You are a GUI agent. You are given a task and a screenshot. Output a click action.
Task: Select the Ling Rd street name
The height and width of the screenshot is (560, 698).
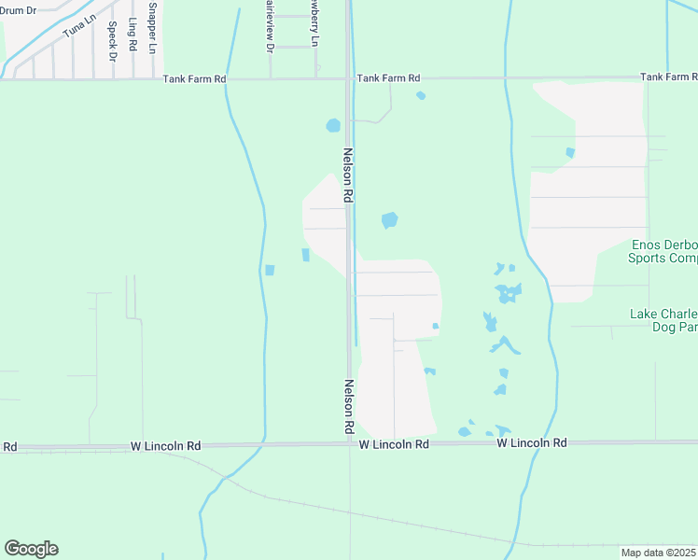pyautogui.click(x=133, y=35)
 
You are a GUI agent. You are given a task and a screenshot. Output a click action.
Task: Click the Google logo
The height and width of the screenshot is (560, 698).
pyautogui.click(x=31, y=549)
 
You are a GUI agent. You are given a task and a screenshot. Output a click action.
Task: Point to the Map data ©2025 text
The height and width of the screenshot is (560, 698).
pyautogui.click(x=659, y=553)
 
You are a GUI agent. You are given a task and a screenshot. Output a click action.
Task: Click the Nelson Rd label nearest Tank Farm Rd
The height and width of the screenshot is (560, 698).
pyautogui.click(x=348, y=175)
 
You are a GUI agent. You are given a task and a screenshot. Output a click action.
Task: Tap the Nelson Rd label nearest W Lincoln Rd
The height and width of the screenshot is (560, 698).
pyautogui.click(x=348, y=406)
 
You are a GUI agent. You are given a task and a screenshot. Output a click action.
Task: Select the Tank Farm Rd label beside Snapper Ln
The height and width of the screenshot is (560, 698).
pyautogui.click(x=195, y=79)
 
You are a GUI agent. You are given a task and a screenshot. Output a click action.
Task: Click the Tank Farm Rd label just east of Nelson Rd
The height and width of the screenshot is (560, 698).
pyautogui.click(x=389, y=78)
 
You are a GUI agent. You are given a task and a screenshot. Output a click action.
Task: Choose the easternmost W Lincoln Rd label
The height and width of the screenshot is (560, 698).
pyautogui.click(x=532, y=442)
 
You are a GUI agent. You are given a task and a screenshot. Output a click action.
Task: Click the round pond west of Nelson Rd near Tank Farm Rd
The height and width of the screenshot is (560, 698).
pyautogui.click(x=333, y=125)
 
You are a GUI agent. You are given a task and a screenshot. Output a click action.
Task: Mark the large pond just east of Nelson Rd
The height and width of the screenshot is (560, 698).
pyautogui.click(x=389, y=220)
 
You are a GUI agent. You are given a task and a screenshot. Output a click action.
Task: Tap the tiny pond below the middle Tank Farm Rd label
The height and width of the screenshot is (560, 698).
pyautogui.click(x=421, y=95)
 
